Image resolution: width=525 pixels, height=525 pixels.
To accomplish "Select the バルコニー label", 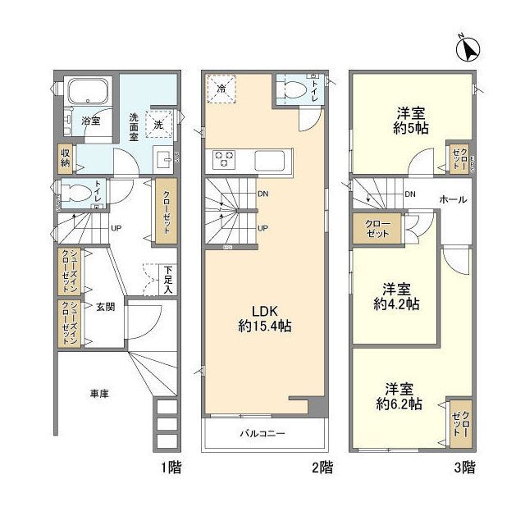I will point(262,433).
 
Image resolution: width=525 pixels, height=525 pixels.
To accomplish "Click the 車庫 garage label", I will point(99,394).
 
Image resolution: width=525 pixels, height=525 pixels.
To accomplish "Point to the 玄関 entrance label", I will point(104,307).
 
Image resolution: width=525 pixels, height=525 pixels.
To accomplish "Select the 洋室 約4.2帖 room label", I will point(397,296).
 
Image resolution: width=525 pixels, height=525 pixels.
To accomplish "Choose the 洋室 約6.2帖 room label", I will point(398,396).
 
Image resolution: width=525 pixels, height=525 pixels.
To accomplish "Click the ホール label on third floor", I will point(454,199).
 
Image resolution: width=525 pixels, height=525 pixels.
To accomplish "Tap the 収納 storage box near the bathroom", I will point(65,156).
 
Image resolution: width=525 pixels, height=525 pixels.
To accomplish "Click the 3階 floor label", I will point(465,468).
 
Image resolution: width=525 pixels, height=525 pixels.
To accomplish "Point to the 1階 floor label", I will point(171,468).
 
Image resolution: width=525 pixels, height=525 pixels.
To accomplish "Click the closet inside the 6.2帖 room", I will point(459,424).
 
